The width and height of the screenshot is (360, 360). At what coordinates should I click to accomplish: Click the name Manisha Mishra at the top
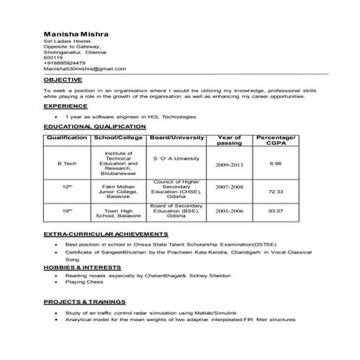(76, 34)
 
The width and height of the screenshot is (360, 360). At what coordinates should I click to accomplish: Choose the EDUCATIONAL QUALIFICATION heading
(95, 126)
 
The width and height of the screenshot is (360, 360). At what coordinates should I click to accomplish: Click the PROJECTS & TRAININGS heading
(84, 303)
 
